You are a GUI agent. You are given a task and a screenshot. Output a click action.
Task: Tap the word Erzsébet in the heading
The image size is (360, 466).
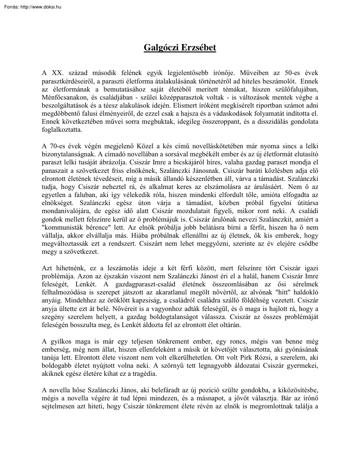pyautogui.click(x=199, y=48)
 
